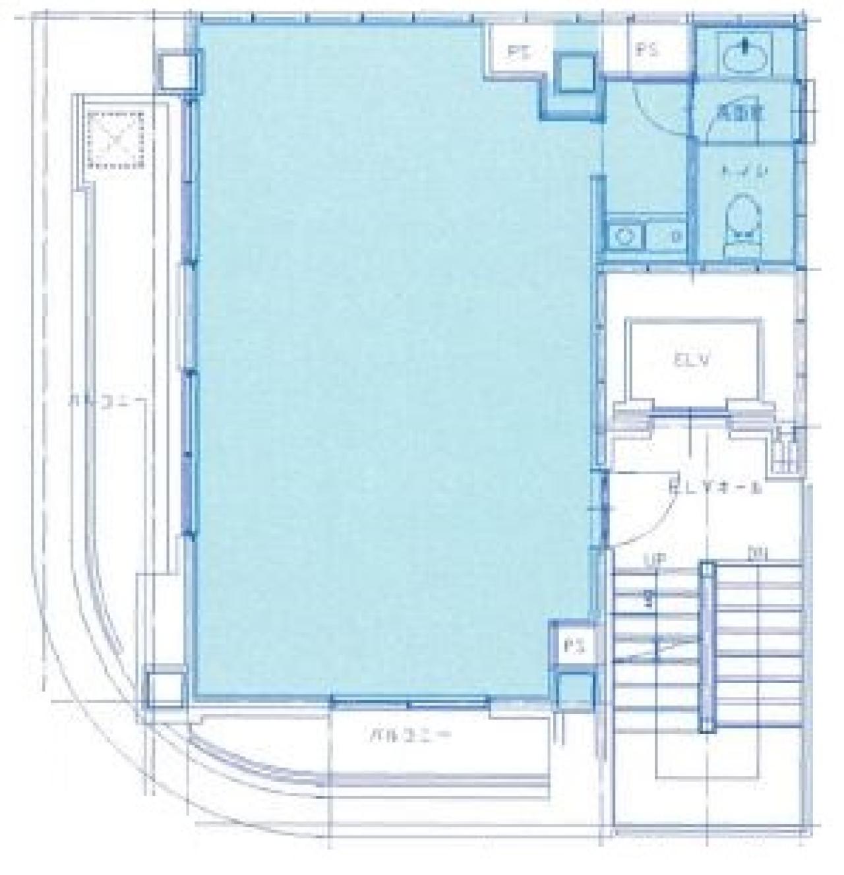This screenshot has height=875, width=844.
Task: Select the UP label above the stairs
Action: pyautogui.click(x=653, y=559)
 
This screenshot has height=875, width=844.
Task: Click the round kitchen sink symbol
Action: pyautogui.click(x=622, y=235)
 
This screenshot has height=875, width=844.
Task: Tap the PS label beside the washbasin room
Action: pyautogui.click(x=649, y=50)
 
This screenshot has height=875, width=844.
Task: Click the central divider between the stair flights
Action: pyautogui.click(x=707, y=646)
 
